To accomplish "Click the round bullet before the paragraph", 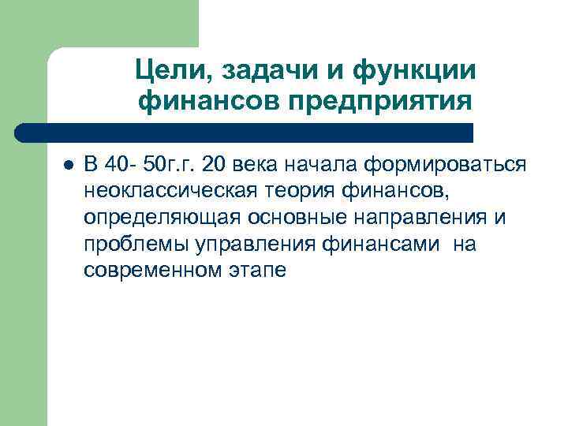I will coord(68,164).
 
